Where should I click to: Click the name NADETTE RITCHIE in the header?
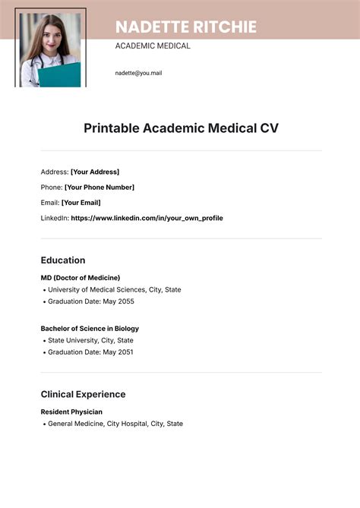coord(185,27)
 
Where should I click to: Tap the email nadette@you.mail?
coord(138,73)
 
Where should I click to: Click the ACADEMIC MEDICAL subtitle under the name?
coord(153,46)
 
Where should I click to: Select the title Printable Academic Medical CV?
coord(181,128)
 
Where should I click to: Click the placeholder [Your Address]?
coord(95,172)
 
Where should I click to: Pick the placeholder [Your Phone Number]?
coord(99,188)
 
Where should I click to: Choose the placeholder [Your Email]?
coord(81,203)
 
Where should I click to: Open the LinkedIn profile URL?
coord(147,218)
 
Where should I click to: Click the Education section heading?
coord(63,260)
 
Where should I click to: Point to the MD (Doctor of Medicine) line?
coord(81,278)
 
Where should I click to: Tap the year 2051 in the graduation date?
coord(125,352)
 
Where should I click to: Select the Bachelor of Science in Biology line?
coord(90,329)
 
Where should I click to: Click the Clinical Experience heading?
coord(83,394)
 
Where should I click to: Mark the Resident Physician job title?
coord(71,412)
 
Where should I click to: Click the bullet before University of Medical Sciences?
coord(43,290)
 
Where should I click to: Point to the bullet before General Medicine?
coord(43,424)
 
